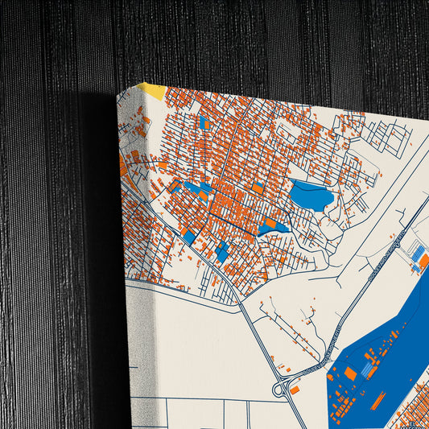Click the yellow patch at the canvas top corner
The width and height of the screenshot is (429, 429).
click(x=152, y=90)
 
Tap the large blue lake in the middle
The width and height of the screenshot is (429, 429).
click(x=311, y=196)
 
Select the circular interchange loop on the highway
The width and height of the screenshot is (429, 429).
click(x=282, y=390)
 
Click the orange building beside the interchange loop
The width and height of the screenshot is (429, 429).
click(x=295, y=390)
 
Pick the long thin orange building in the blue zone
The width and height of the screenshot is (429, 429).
click(x=378, y=400)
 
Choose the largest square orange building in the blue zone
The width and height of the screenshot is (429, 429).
click(x=351, y=373)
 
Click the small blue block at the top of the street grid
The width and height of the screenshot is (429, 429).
click(x=204, y=123)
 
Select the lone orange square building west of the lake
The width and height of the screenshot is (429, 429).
click(x=258, y=188)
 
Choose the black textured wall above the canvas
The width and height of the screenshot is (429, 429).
click(x=241, y=40)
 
